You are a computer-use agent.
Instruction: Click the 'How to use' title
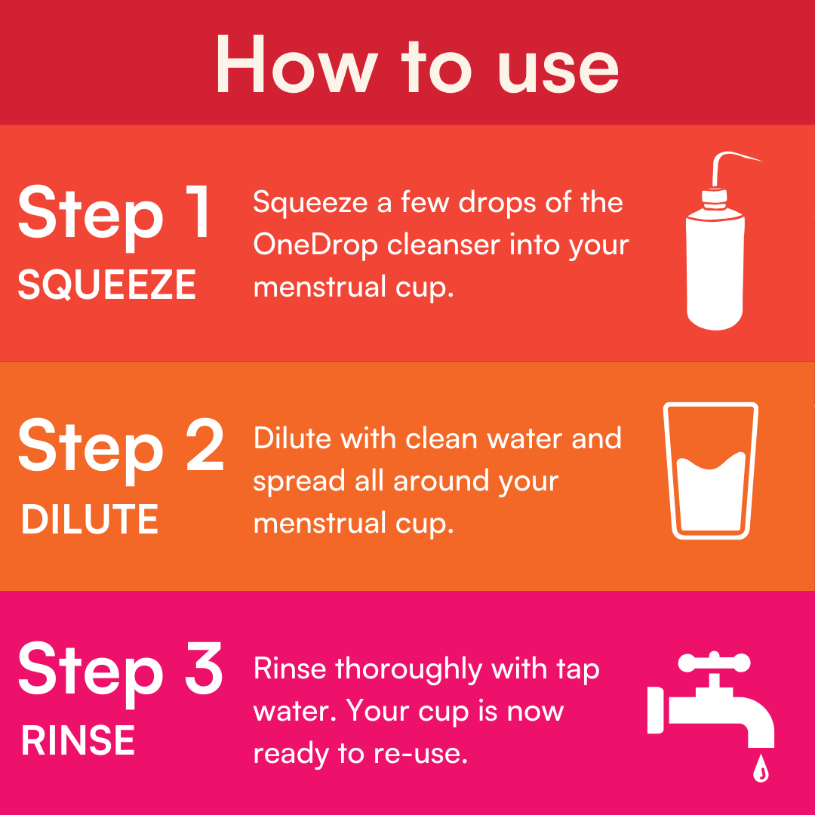pyautogui.click(x=417, y=65)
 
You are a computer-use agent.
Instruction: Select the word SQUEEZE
pyautogui.click(x=106, y=284)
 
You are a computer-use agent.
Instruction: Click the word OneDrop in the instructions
pyautogui.click(x=315, y=244)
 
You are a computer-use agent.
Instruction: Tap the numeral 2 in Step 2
pyautogui.click(x=205, y=445)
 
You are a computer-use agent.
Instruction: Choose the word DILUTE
pyautogui.click(x=89, y=519)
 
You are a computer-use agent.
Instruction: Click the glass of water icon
pyautogui.click(x=711, y=470)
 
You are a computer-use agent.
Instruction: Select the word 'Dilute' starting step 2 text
pyautogui.click(x=291, y=438)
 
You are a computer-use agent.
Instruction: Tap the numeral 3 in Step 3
pyautogui.click(x=205, y=667)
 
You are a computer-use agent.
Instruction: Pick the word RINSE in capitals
pyautogui.click(x=78, y=740)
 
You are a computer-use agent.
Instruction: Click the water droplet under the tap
pyautogui.click(x=761, y=767)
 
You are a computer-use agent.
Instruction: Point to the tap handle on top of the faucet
pyautogui.click(x=715, y=663)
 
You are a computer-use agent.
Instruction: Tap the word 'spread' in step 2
pyautogui.click(x=299, y=482)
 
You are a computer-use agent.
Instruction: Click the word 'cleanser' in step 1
pyautogui.click(x=444, y=244)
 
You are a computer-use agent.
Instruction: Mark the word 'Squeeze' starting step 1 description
pyautogui.click(x=311, y=203)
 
